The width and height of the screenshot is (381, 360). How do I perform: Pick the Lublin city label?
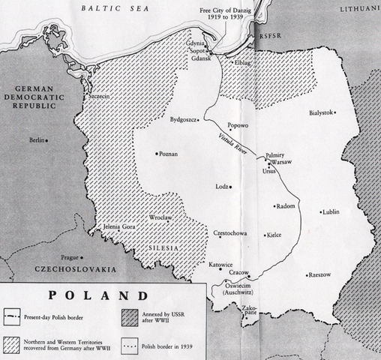point(331,212)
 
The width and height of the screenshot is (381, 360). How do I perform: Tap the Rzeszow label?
point(320,275)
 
